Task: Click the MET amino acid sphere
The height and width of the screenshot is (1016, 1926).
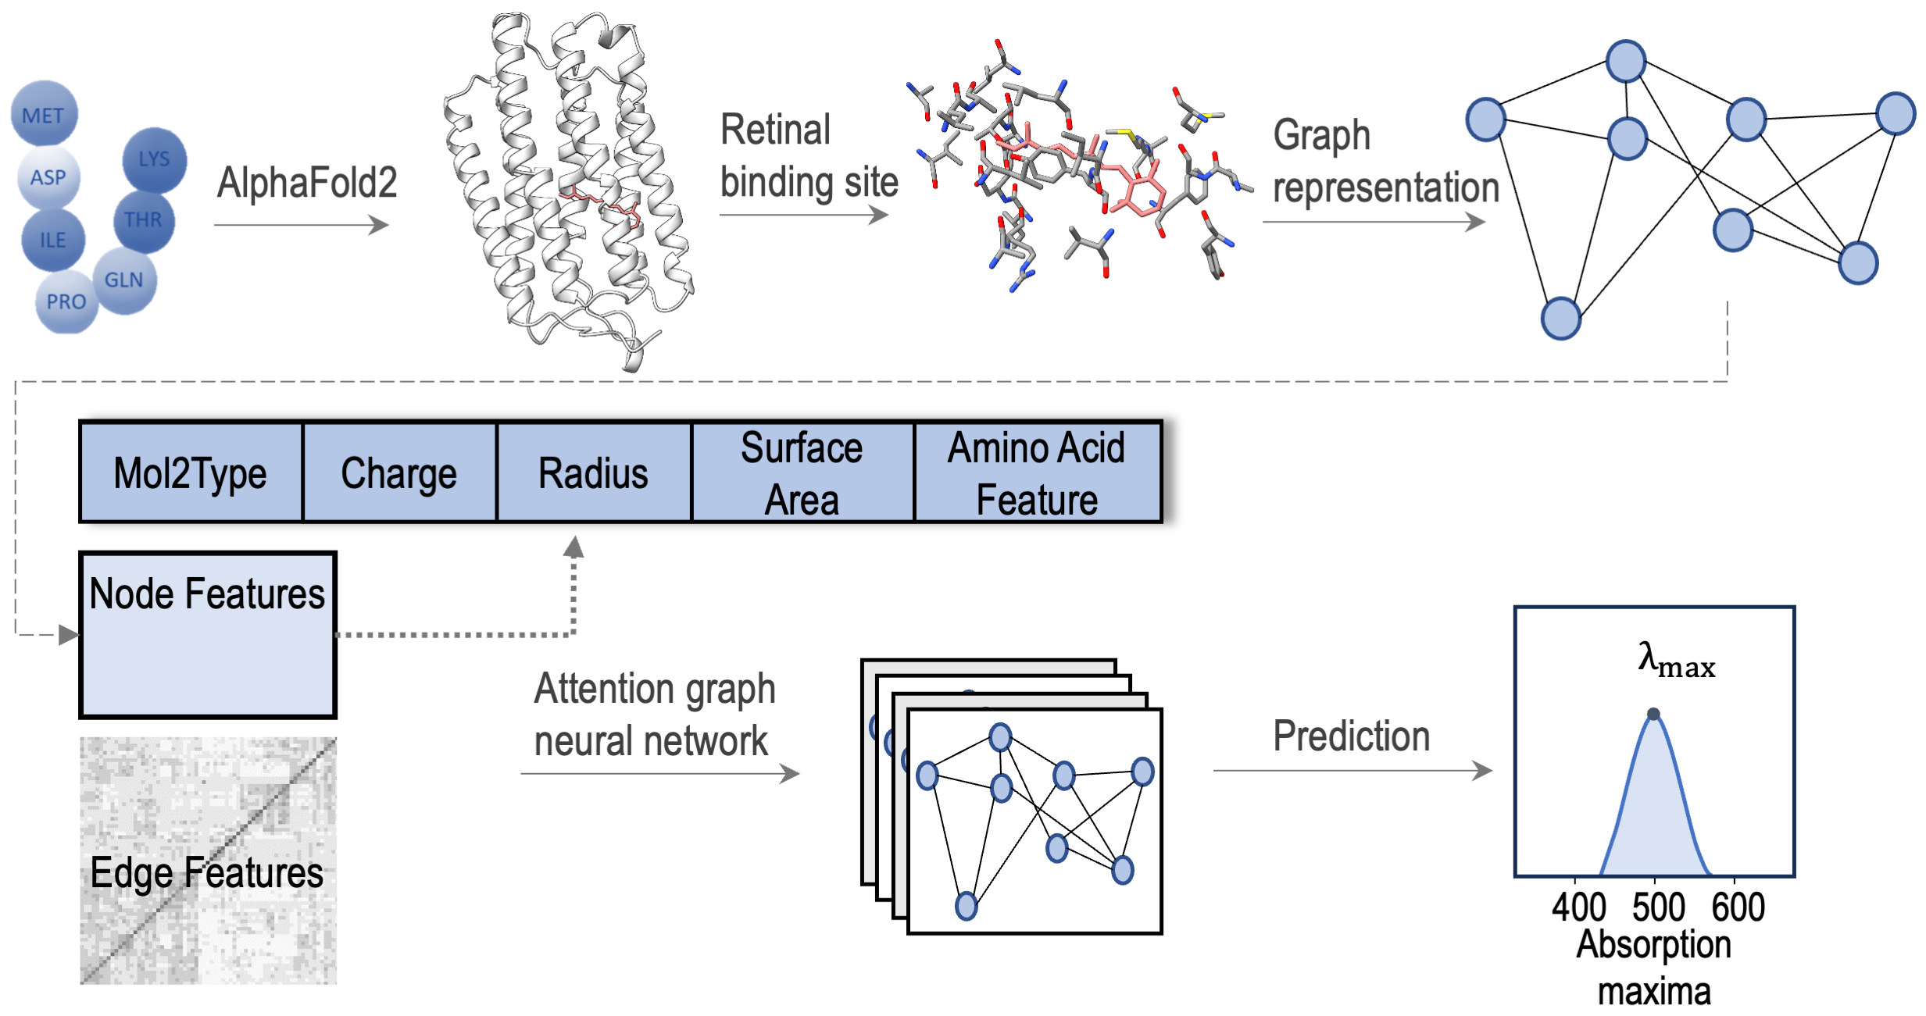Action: pyautogui.click(x=44, y=114)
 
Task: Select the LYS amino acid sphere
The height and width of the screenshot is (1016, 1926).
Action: pyautogui.click(x=154, y=159)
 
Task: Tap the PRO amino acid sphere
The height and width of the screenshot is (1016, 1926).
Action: pyautogui.click(x=66, y=301)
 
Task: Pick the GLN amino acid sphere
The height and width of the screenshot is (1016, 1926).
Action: pyautogui.click(x=124, y=280)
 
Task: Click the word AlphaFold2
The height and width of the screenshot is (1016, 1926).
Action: pyautogui.click(x=307, y=183)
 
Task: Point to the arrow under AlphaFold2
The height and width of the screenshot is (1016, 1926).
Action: pyautogui.click(x=301, y=226)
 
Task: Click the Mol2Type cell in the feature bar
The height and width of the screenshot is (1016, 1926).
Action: pyautogui.click(x=191, y=473)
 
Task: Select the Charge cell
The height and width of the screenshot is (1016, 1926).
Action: pyautogui.click(x=398, y=473)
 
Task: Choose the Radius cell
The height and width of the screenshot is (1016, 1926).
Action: pyautogui.click(x=593, y=473)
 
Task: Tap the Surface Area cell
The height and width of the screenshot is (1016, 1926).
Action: pyautogui.click(x=802, y=473)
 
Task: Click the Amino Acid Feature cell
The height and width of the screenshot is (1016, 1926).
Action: pyautogui.click(x=1037, y=473)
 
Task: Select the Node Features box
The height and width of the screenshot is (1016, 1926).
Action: pyautogui.click(x=208, y=634)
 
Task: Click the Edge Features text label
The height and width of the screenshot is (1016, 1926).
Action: pyautogui.click(x=207, y=872)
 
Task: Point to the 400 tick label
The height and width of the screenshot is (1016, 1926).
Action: pyautogui.click(x=1578, y=907)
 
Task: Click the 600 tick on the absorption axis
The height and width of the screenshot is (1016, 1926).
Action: pyautogui.click(x=1738, y=907)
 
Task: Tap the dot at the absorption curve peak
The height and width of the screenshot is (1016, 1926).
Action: pyautogui.click(x=1653, y=714)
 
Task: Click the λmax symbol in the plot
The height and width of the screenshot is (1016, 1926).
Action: pyautogui.click(x=1675, y=660)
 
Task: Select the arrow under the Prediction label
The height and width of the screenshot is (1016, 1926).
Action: pyautogui.click(x=1352, y=771)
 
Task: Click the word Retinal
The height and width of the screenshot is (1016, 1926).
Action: pyautogui.click(x=775, y=130)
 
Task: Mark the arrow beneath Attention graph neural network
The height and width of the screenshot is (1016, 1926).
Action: pyautogui.click(x=659, y=774)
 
